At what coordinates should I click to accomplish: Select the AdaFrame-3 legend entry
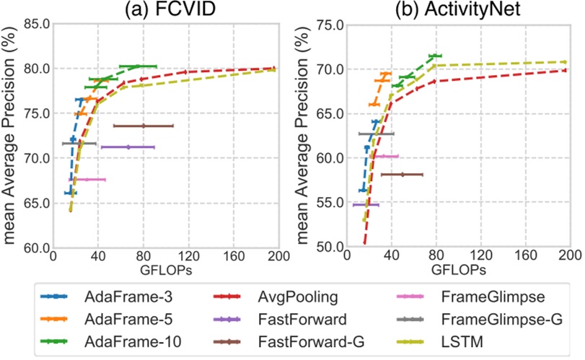(120, 297)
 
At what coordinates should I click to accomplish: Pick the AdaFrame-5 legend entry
(120, 317)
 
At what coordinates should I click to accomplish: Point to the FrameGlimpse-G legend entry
(491, 317)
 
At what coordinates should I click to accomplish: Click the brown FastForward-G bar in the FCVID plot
(144, 126)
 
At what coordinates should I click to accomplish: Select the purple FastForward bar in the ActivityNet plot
(366, 205)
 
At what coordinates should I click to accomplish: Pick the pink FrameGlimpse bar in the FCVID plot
(87, 179)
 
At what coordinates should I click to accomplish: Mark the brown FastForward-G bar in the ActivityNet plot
(402, 175)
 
